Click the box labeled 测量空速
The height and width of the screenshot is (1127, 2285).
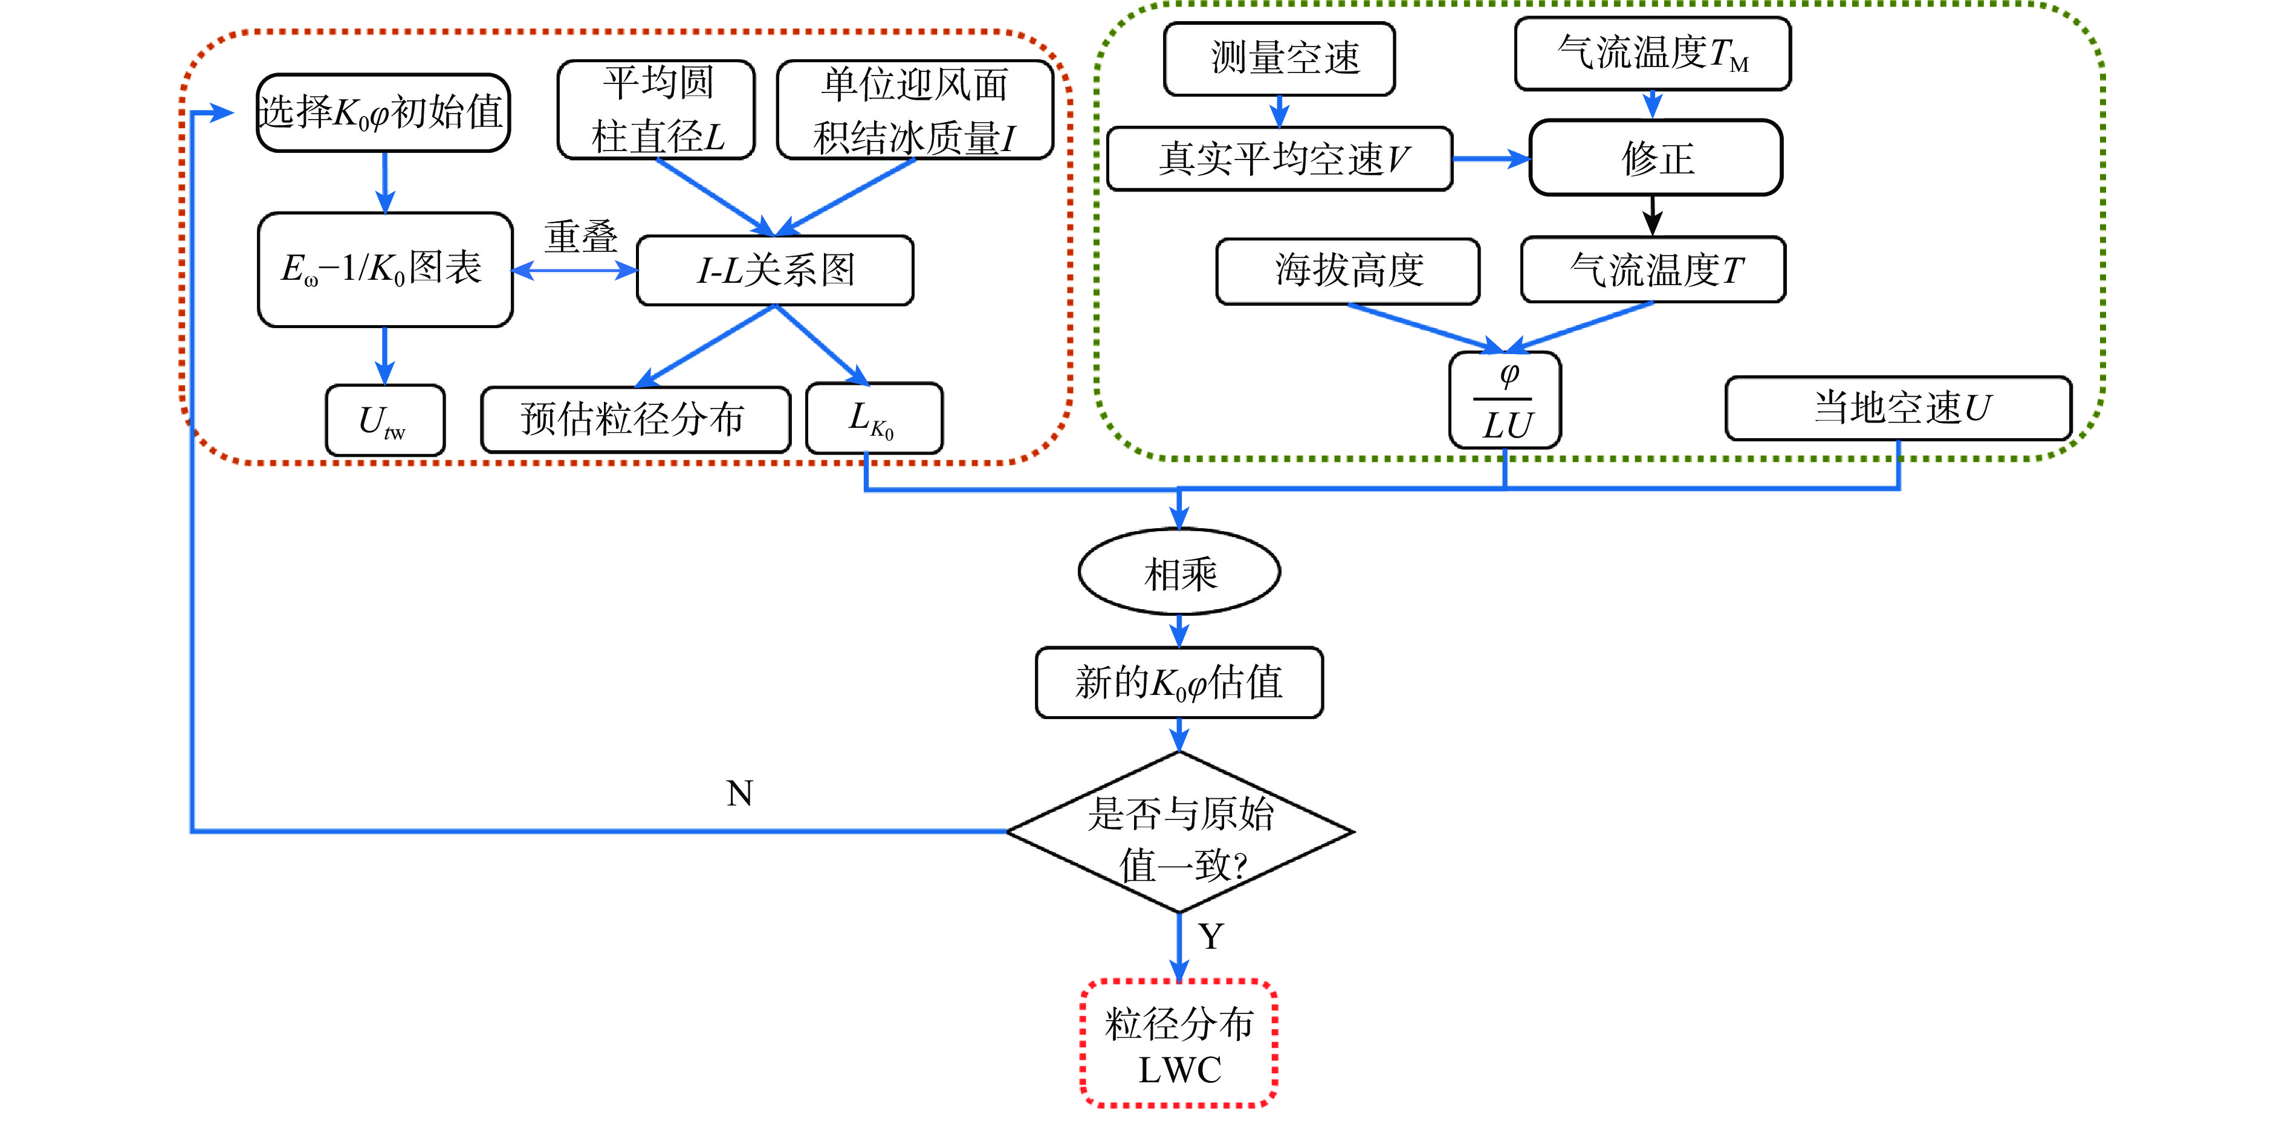1279,59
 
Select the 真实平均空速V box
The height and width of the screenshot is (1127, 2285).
1279,159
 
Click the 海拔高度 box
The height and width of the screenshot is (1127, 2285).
1347,271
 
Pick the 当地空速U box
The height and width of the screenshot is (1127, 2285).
1898,408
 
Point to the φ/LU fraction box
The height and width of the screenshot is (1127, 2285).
1505,401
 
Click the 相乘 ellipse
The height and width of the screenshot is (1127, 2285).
1179,573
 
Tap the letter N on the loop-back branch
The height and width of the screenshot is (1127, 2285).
740,793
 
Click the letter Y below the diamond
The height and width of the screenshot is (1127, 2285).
1211,937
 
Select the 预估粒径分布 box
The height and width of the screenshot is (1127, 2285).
635,419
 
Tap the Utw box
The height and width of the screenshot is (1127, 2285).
385,421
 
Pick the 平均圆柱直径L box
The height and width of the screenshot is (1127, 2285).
656,110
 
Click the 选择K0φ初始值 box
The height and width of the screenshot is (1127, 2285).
383,112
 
